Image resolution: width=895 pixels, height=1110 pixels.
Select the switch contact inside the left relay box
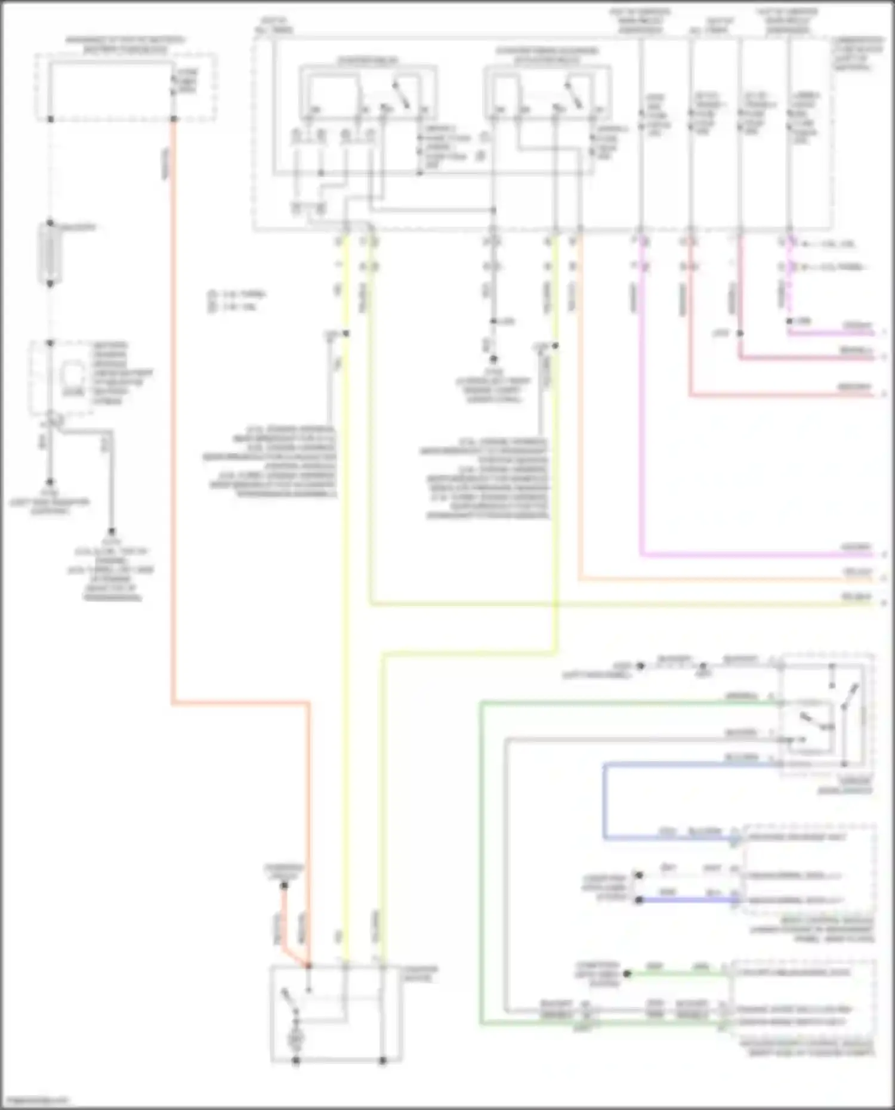(x=400, y=95)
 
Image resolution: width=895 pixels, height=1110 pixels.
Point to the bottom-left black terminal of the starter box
(x=295, y=1061)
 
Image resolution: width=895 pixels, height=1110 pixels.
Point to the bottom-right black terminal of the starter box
(x=383, y=1061)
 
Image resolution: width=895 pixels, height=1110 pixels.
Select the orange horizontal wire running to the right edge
(x=716, y=579)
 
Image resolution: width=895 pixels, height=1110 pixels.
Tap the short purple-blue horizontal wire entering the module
(x=686, y=900)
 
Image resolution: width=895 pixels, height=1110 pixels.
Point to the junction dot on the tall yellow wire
(x=345, y=333)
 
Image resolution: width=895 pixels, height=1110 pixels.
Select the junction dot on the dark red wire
(x=740, y=333)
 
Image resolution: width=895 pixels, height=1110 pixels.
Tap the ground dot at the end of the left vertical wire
(x=50, y=482)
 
